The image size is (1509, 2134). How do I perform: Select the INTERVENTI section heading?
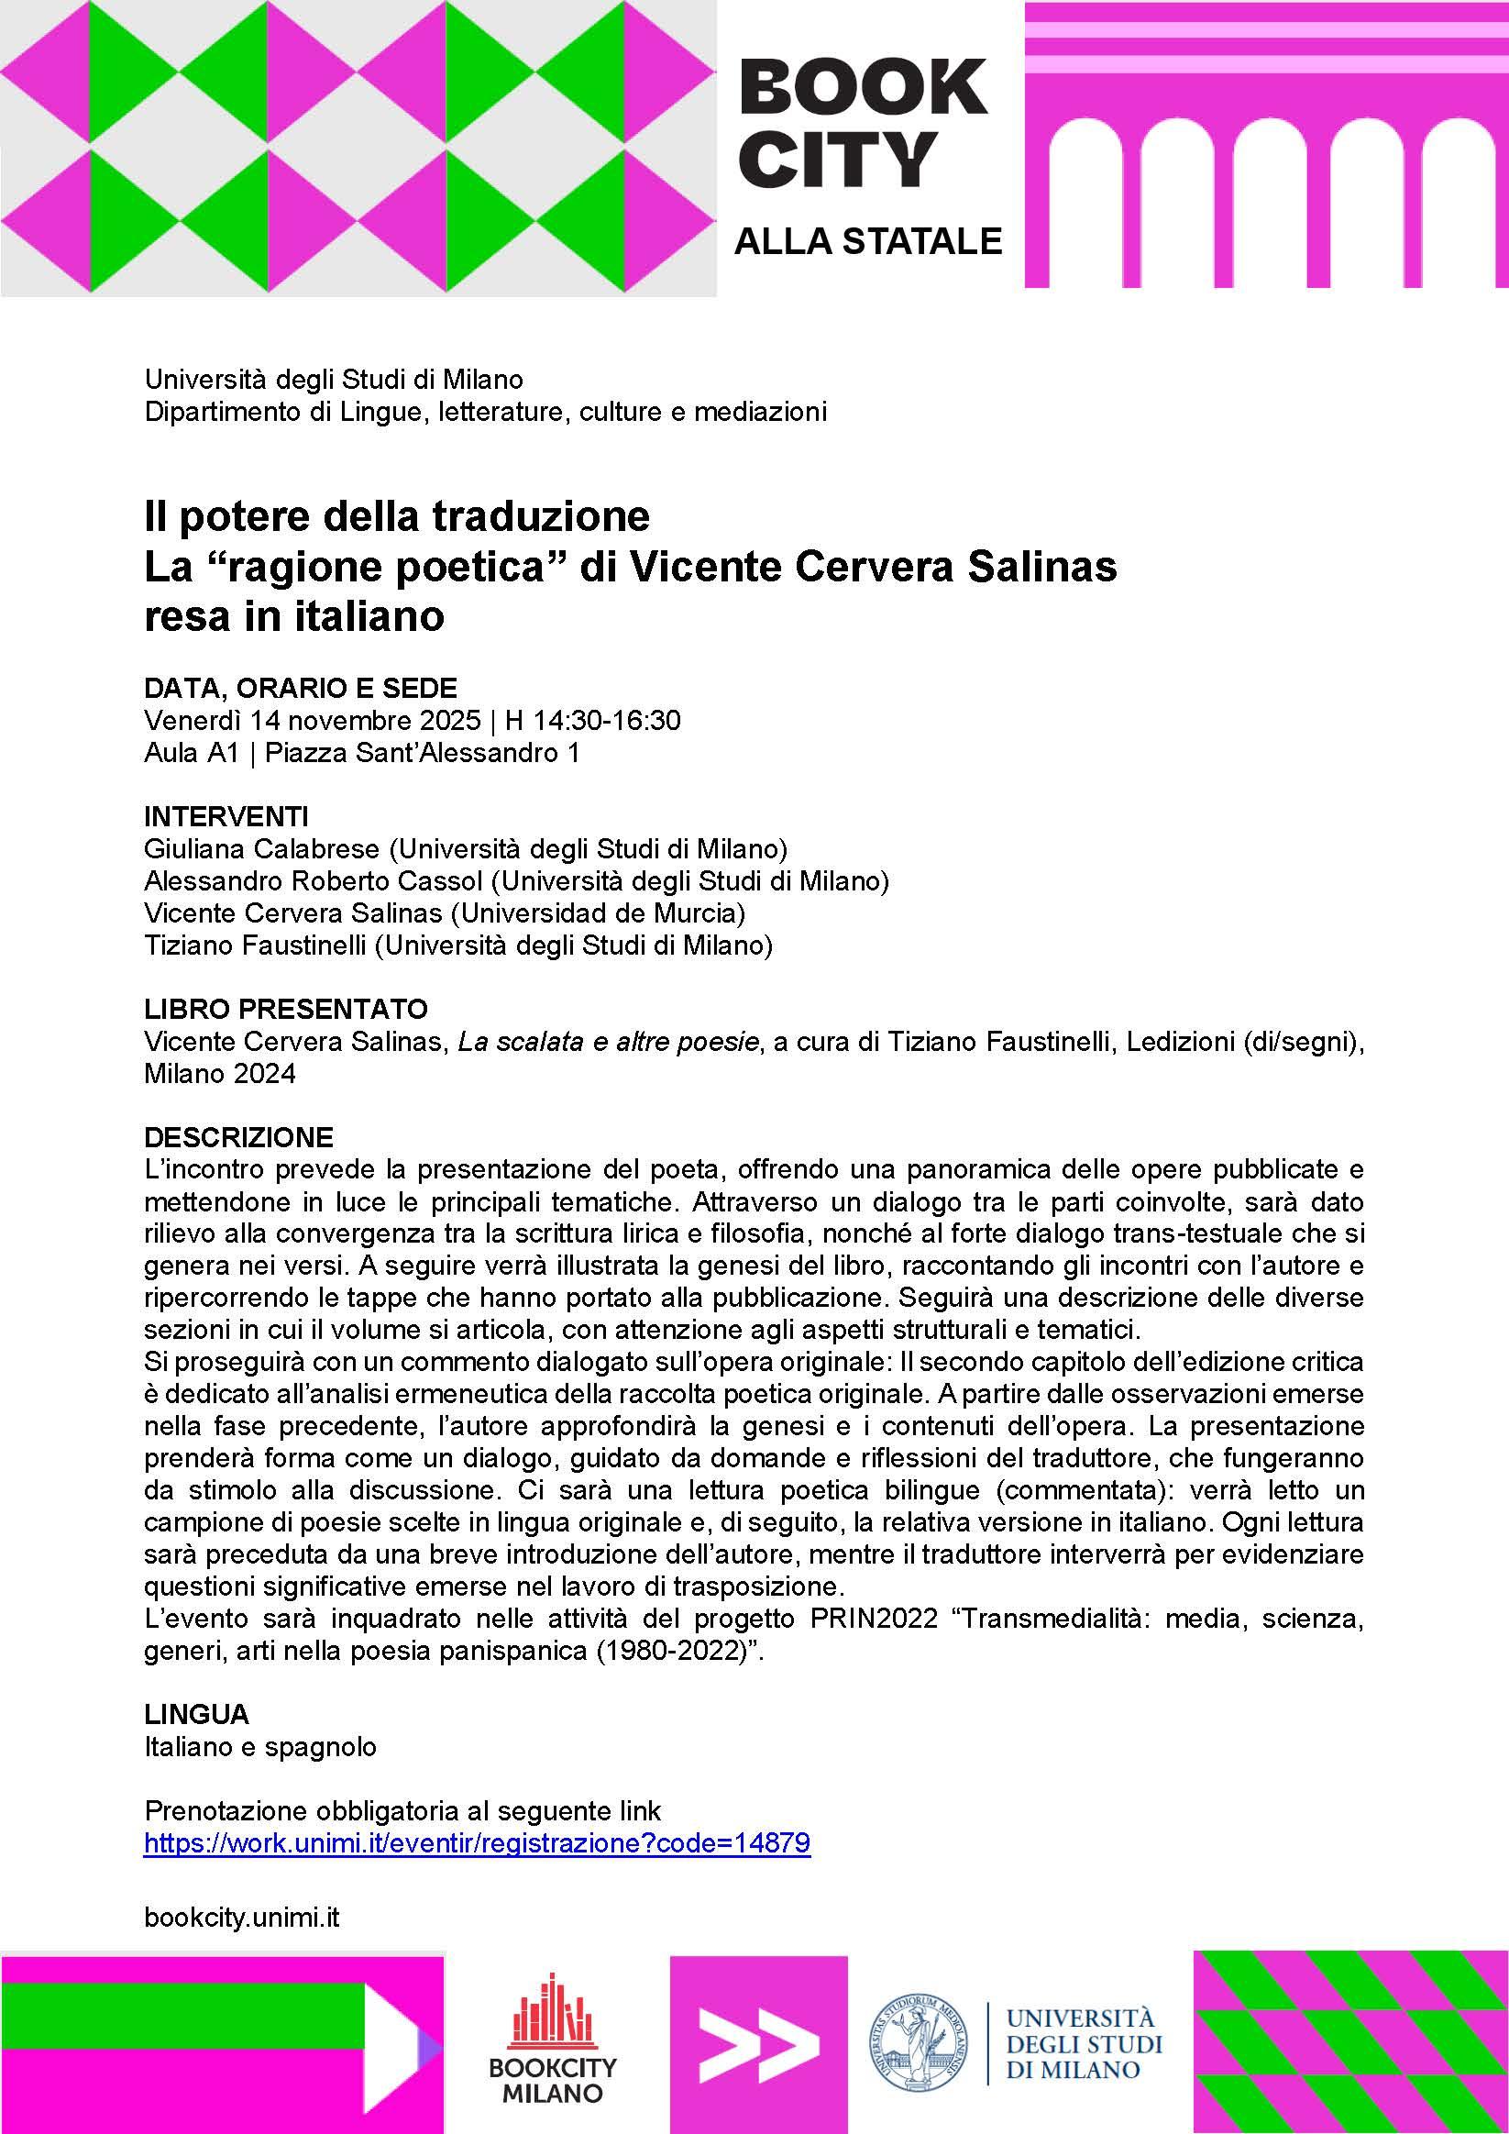[x=226, y=817]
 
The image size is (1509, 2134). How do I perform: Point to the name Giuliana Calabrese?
[x=261, y=848]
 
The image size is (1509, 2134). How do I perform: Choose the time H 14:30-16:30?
[x=593, y=720]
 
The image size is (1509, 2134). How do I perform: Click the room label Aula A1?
[x=191, y=753]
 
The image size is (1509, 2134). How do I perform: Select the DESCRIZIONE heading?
[x=237, y=1137]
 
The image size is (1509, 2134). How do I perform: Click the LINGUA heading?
[x=196, y=1713]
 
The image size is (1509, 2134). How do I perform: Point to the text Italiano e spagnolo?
[x=260, y=1746]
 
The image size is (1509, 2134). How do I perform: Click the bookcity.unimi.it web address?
[x=242, y=1917]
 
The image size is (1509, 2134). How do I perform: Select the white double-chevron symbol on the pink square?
[x=758, y=2041]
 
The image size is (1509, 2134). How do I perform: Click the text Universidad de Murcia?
[x=596, y=913]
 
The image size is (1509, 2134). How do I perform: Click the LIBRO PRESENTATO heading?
[x=285, y=1009]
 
